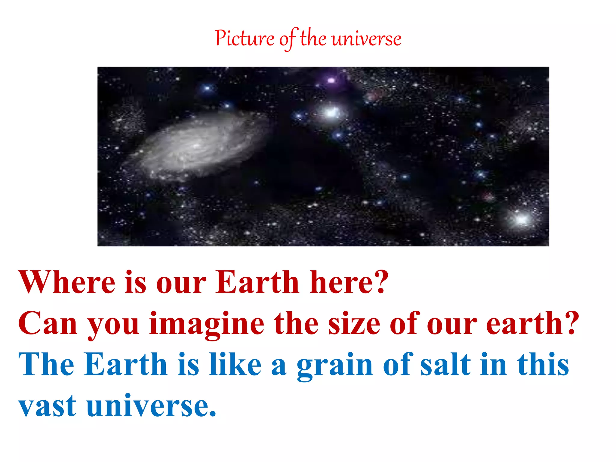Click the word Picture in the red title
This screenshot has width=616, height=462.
tap(244, 39)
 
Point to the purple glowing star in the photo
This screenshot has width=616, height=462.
tap(331, 81)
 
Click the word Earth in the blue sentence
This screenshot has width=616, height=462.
tap(125, 364)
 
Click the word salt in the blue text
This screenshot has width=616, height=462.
tap(445, 364)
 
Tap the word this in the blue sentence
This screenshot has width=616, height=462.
tap(543, 364)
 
